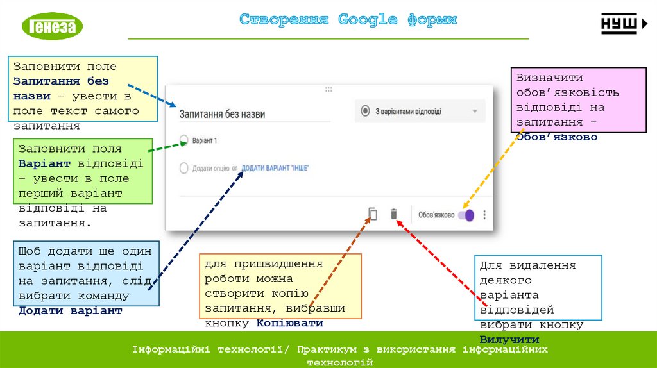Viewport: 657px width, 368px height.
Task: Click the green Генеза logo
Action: pos(53,26)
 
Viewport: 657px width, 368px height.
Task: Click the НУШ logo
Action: pos(624,24)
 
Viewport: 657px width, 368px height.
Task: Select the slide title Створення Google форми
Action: pos(348,19)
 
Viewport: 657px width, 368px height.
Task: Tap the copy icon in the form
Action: pos(373,214)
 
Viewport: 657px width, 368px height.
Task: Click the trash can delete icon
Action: pos(394,214)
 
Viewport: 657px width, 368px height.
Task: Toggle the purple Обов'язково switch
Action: pos(466,215)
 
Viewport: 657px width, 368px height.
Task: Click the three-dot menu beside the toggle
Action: pos(485,215)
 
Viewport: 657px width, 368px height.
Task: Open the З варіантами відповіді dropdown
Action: pos(420,111)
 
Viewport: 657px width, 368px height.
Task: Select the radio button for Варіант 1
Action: pos(184,139)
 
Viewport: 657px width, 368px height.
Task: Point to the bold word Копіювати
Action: pos(289,323)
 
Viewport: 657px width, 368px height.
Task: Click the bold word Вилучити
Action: pos(509,339)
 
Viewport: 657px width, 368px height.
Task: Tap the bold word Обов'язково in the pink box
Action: pos(557,137)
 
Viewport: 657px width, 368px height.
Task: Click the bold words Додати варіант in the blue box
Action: pos(70,310)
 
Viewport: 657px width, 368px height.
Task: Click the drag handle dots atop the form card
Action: pos(328,90)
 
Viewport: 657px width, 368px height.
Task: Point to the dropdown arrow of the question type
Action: pos(475,111)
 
